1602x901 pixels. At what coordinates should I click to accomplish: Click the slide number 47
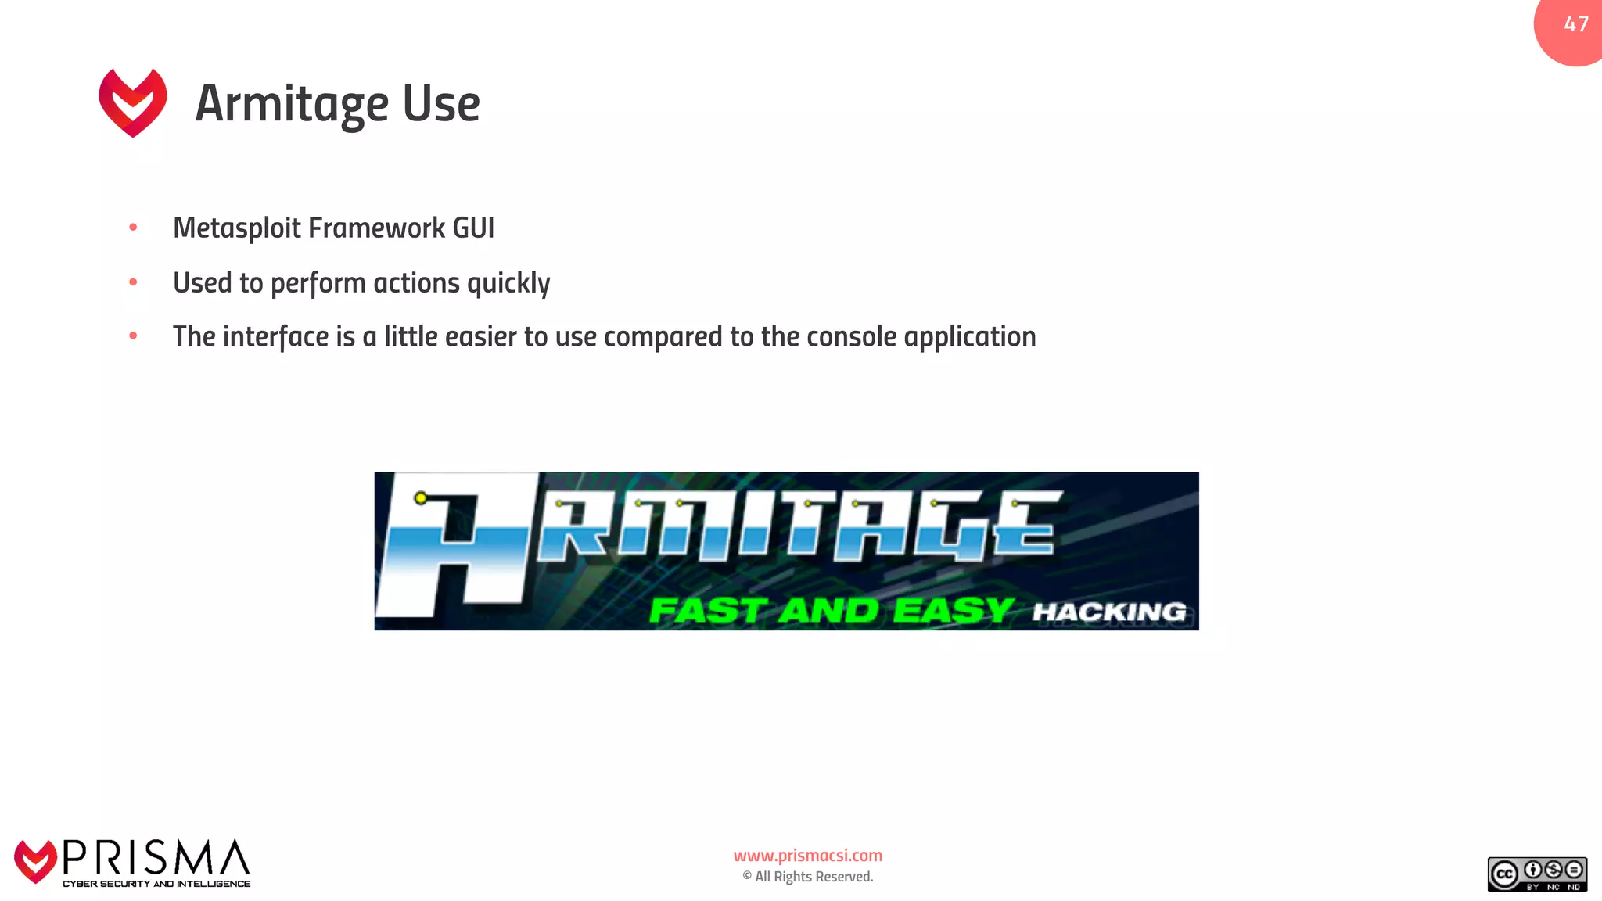point(1575,24)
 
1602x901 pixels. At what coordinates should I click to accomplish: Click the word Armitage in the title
point(292,104)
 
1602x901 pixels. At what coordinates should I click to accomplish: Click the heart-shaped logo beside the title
point(133,102)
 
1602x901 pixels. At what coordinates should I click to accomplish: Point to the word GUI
point(473,228)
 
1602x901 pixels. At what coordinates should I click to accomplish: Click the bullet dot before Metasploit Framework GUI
point(133,228)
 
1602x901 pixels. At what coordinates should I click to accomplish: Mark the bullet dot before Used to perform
point(133,282)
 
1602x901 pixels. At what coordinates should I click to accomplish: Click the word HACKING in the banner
point(1109,612)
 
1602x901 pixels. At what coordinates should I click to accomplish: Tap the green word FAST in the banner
point(706,611)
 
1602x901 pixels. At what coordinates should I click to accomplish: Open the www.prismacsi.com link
point(807,856)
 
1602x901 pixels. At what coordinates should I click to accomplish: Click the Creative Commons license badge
point(1537,874)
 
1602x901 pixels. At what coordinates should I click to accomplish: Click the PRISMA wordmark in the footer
point(156,858)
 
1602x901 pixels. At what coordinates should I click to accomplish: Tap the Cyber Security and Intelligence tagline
point(156,884)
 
